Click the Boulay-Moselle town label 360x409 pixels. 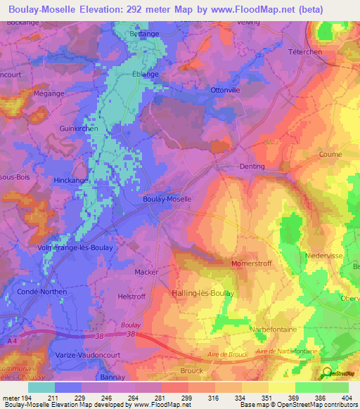[x=167, y=199]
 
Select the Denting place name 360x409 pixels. [x=252, y=167]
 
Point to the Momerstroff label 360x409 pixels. [x=251, y=263]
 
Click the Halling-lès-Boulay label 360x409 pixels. [x=202, y=293]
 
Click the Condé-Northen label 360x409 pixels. [x=44, y=292]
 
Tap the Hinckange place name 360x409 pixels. [x=71, y=181]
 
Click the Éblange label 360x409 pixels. [x=145, y=74]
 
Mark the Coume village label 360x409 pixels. [x=330, y=154]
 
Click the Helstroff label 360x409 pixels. [x=131, y=297]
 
